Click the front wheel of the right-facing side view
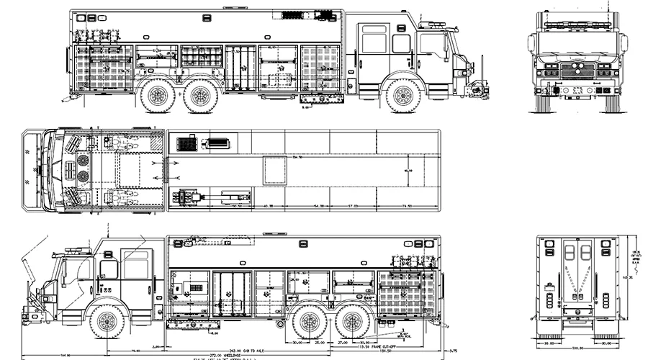[x=403, y=96]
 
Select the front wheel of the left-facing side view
[x=107, y=320]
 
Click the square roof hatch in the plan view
[x=274, y=171]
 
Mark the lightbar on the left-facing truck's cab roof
[x=76, y=250]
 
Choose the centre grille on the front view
[x=575, y=71]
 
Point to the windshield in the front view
[x=575, y=44]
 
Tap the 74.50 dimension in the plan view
[x=407, y=207]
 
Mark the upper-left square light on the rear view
[x=550, y=245]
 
